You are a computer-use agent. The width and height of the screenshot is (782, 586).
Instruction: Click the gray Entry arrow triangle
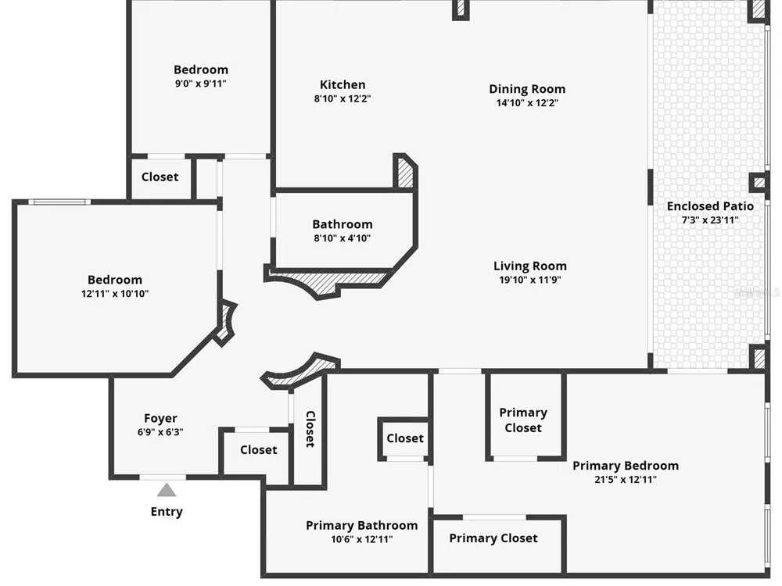(x=167, y=491)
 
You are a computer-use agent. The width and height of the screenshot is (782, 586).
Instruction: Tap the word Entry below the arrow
(x=167, y=512)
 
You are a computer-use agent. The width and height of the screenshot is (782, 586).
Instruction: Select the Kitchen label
(x=343, y=84)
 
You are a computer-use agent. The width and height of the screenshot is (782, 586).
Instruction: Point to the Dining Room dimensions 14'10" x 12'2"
(x=527, y=102)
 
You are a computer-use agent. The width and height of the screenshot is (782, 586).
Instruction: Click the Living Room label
(x=530, y=266)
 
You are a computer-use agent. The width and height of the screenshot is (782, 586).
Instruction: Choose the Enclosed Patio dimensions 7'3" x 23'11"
(x=710, y=220)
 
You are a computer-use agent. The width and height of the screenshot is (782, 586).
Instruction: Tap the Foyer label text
(x=160, y=419)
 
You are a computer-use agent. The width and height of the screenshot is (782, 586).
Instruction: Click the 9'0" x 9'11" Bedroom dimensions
(x=200, y=84)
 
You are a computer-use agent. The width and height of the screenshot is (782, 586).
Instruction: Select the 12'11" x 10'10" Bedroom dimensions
(x=115, y=294)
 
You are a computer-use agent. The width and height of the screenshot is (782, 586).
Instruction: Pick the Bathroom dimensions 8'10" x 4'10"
(x=343, y=238)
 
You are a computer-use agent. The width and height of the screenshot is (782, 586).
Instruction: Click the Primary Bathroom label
(x=361, y=525)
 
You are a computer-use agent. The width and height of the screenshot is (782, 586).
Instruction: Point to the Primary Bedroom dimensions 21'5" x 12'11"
(x=626, y=480)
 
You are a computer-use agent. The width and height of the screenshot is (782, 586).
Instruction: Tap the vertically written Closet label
(x=310, y=429)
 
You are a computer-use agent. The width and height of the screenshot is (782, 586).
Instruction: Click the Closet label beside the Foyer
(x=258, y=450)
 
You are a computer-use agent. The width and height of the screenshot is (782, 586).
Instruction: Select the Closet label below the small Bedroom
(x=160, y=177)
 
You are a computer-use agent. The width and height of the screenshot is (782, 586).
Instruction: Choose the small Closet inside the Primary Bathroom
(x=405, y=438)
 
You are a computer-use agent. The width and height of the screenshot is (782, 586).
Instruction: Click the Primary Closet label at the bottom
(x=493, y=538)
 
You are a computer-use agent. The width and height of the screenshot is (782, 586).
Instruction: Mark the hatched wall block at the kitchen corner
(x=405, y=173)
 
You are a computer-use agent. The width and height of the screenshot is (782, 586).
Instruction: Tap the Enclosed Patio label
(x=710, y=205)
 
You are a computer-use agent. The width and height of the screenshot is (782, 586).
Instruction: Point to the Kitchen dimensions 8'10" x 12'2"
(x=343, y=98)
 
